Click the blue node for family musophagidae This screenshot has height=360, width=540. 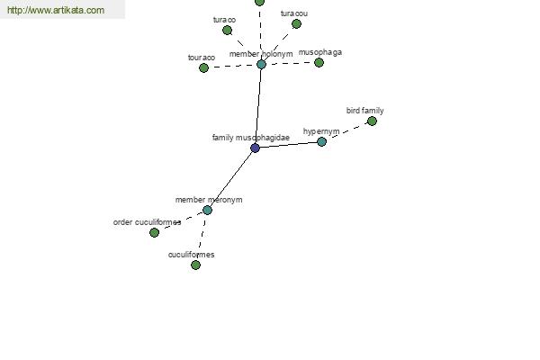pos(256,148)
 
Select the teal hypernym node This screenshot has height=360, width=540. pos(321,141)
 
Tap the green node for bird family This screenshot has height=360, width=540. pos(372,121)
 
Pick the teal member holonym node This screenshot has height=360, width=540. pos(261,65)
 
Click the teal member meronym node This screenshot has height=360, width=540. pos(207,210)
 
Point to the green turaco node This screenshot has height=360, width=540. pos(227,31)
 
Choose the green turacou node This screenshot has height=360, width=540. pos(296,23)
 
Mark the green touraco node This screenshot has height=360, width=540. pos(204,67)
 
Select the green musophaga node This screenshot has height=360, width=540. pos(319,62)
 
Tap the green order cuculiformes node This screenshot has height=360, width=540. pos(154,232)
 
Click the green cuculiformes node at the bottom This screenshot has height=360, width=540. pos(195,265)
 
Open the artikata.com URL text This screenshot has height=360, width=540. pos(56,10)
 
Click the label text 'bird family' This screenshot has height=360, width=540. pos(365,111)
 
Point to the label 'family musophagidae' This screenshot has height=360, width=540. pos(251,138)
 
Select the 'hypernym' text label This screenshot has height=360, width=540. pos(321,131)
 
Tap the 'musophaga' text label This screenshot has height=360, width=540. pos(320,52)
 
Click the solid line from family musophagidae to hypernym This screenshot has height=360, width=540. pos(289,145)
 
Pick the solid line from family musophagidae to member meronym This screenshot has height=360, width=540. pos(231,179)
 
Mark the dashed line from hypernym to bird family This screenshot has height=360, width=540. pos(346,131)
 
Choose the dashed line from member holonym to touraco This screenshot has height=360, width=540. pos(232,66)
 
